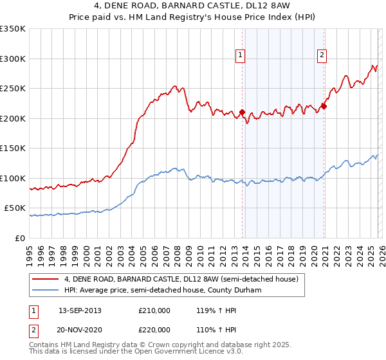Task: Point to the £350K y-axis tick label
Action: (x=13, y=29)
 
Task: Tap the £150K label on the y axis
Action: (x=13, y=148)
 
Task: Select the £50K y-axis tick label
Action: (x=15, y=208)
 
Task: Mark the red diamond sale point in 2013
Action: (x=242, y=113)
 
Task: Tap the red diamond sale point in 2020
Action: (x=324, y=107)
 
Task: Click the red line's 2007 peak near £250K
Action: (x=174, y=86)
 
